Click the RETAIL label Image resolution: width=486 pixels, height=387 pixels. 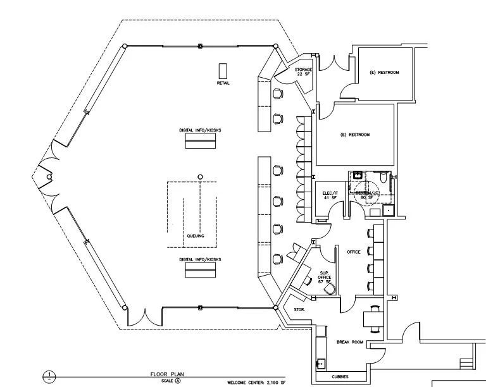(223, 83)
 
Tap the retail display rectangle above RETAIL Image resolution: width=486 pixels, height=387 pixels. (223, 70)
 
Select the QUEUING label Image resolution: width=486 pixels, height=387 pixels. (195, 235)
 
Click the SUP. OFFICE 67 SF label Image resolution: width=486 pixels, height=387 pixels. (324, 278)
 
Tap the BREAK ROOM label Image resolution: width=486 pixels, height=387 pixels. (349, 342)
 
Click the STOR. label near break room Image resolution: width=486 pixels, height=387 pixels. (300, 310)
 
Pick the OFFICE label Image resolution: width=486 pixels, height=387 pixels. (354, 252)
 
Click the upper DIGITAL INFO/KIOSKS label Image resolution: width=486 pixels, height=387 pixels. (200, 130)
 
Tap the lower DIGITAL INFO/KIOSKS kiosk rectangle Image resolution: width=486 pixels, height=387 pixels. (200, 271)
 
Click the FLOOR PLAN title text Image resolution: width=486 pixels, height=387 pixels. (168, 374)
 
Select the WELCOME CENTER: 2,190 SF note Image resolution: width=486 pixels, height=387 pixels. (256, 383)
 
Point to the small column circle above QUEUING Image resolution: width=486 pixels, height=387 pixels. (200, 176)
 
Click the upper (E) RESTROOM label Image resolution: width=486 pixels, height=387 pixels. (385, 73)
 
